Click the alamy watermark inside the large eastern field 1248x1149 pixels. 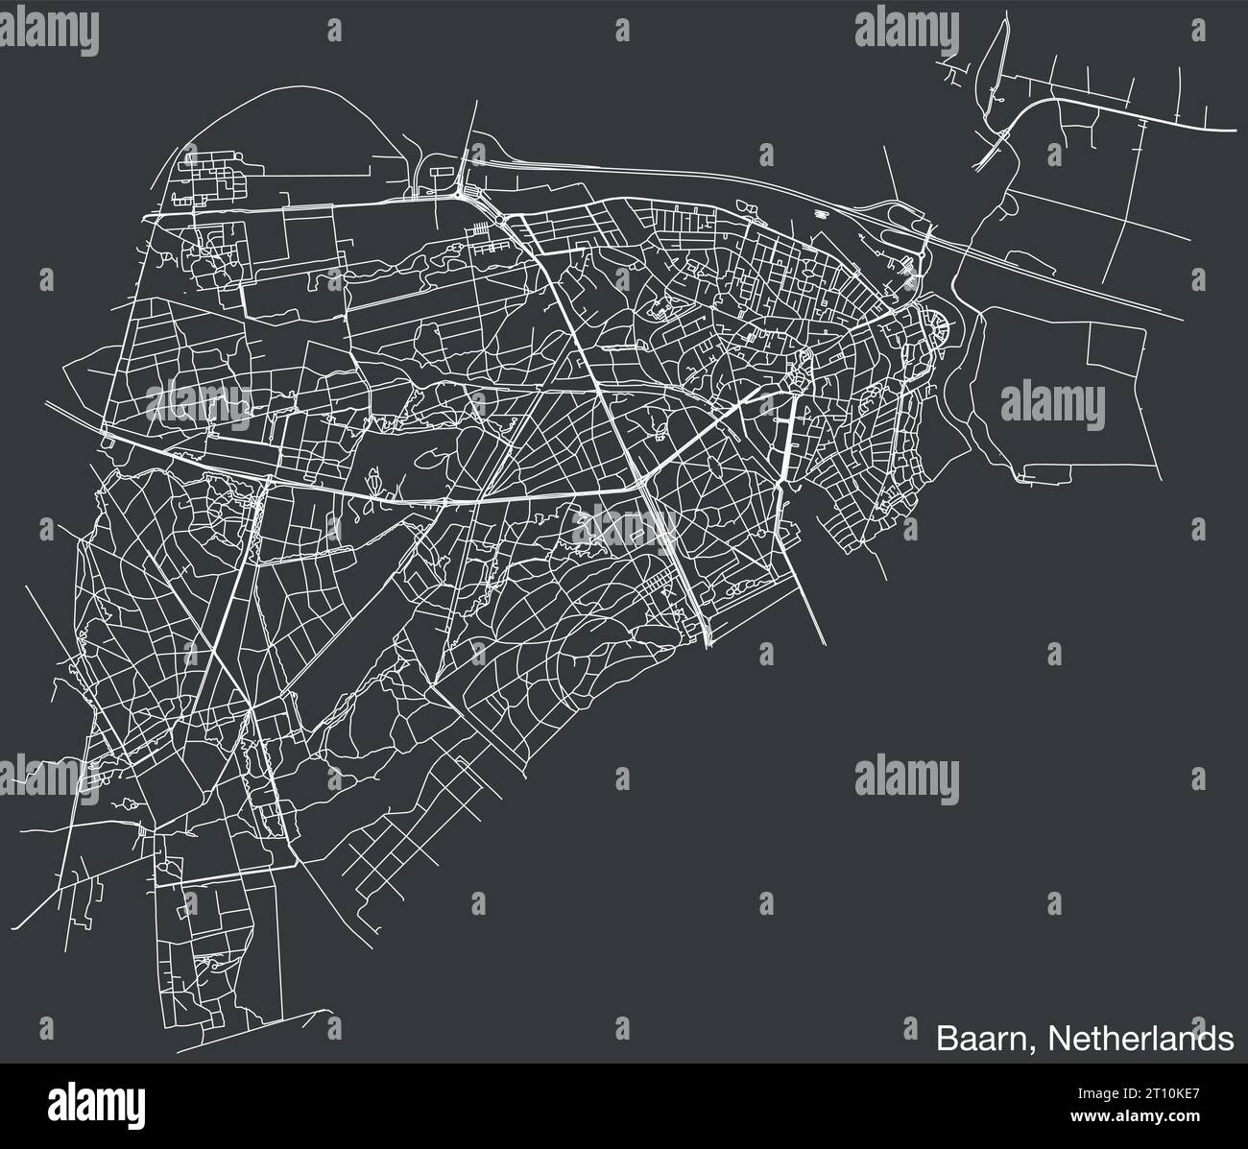1053,400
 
